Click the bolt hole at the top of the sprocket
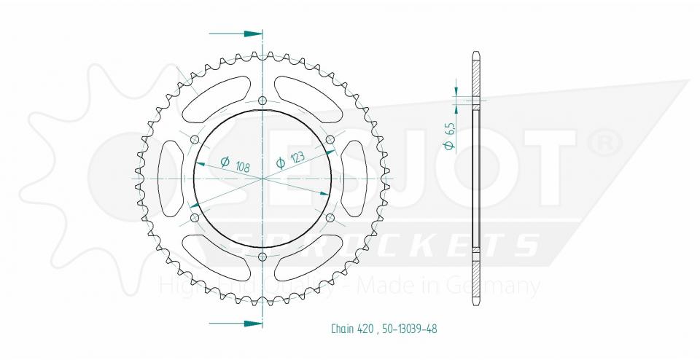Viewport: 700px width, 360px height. tap(262, 101)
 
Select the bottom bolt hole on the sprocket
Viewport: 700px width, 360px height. tap(262, 256)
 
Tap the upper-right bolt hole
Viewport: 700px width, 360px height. tap(330, 139)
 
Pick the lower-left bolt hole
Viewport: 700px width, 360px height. tap(194, 217)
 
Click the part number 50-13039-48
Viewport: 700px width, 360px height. tap(405, 329)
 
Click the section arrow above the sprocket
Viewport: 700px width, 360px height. tap(236, 34)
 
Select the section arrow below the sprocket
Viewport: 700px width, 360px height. tap(236, 322)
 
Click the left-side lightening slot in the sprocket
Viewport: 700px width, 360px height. tap(170, 178)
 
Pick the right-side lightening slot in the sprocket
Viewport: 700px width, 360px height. tap(354, 178)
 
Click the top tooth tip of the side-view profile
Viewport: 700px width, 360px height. tap(476, 54)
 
